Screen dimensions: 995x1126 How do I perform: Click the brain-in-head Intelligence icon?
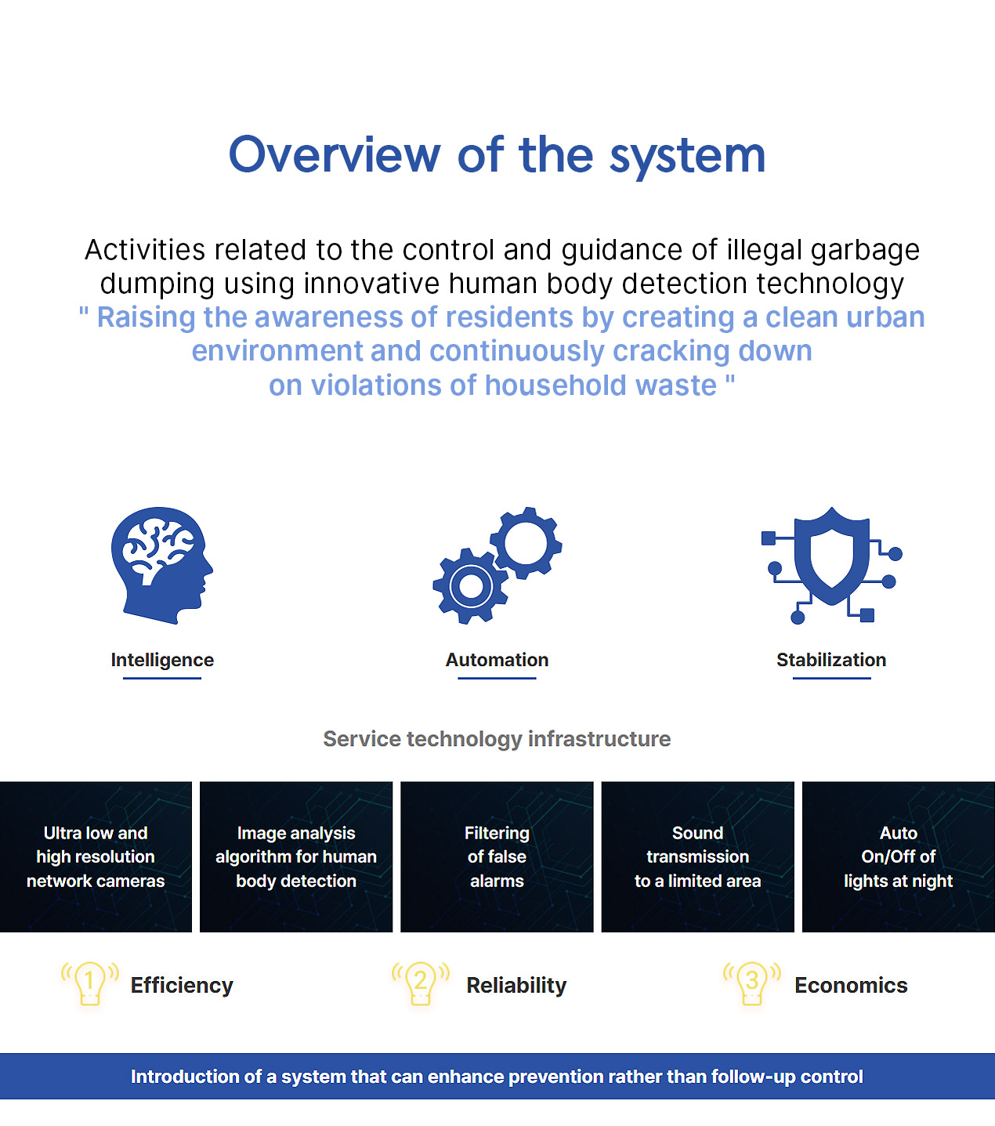pos(161,565)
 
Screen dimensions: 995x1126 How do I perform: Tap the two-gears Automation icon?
pos(497,565)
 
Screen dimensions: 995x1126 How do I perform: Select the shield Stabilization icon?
pos(831,565)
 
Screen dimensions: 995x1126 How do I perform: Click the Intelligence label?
pos(162,660)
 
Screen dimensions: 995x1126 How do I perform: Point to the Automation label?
pos(497,660)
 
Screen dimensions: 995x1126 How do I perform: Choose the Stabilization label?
pos(831,660)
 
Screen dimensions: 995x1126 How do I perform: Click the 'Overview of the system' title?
pos(497,155)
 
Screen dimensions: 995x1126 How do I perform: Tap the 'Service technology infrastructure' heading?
pos(497,739)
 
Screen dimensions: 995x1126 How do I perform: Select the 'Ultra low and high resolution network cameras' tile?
pos(96,856)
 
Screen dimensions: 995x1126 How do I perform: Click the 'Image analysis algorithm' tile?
pos(296,856)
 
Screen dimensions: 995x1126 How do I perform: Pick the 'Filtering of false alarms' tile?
pos(497,856)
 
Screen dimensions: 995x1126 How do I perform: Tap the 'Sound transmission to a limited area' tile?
pos(697,856)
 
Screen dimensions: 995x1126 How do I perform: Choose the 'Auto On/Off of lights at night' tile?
pos(899,856)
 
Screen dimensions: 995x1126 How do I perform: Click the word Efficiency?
pos(182,986)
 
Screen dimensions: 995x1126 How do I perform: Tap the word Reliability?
pos(516,986)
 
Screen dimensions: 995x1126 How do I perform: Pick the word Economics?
pos(851,986)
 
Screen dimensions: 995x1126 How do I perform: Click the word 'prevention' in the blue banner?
pos(555,1077)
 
